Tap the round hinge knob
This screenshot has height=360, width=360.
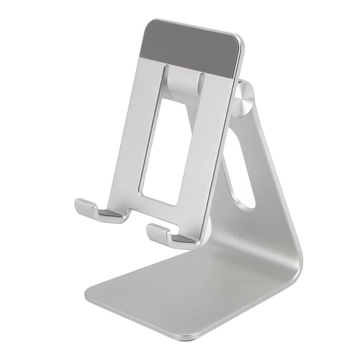(x=244, y=101)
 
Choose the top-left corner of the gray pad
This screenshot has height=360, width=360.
(x=151, y=22)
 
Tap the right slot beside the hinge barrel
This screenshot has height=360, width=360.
(x=202, y=84)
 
